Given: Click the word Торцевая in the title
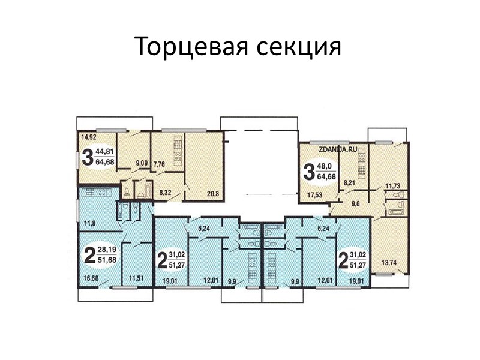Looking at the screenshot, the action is pos(191,47).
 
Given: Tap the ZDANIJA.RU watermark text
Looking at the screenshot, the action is pos(338,149).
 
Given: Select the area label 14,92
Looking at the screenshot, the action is pos(89,137).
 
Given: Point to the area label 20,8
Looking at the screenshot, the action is pos(213,193).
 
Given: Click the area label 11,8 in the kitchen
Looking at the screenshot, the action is pos(89,223).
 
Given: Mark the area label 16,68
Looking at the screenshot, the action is pos(91,278).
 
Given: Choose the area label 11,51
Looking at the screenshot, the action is pos(136,278).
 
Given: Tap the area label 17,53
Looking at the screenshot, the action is pos(314,194).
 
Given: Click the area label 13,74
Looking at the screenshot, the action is pos(389,262).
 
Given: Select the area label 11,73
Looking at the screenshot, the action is pos(393,186).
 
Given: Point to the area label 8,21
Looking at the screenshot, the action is pos(349,184).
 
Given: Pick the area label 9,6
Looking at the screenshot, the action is pos(355,203).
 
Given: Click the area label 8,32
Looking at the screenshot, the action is pos(165,193).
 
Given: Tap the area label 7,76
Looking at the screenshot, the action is pos(159,164).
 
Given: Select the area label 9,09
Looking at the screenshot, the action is pos(142,163).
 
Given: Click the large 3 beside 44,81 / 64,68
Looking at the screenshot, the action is pos(88,157).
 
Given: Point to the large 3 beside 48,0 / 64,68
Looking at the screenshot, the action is pos(309,172).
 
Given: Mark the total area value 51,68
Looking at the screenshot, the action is pos(107,260).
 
